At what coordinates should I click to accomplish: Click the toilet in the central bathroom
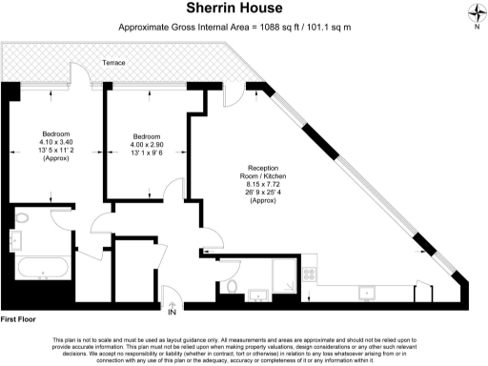click(x=232, y=287)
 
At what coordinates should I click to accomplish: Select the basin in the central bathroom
click(x=256, y=291)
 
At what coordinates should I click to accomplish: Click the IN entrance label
click(x=172, y=312)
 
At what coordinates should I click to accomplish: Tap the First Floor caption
click(x=18, y=317)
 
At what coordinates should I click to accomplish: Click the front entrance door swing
click(x=171, y=296)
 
